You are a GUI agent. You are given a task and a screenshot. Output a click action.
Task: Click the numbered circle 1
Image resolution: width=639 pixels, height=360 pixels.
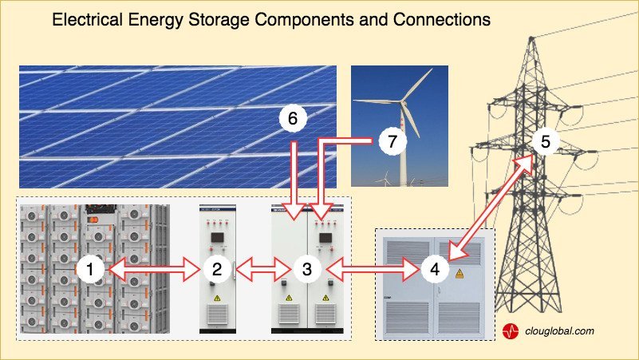(91, 270)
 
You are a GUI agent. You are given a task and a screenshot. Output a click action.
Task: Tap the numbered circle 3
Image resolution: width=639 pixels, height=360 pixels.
(307, 270)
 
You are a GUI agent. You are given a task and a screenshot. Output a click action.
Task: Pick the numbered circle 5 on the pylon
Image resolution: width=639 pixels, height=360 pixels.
(546, 143)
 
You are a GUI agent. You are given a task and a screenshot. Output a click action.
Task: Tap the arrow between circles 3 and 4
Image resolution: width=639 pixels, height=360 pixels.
(371, 270)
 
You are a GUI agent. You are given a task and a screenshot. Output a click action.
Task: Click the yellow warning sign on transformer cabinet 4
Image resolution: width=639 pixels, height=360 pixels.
(459, 273)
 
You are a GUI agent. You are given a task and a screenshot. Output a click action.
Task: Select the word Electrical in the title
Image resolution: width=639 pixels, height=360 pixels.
(87, 20)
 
